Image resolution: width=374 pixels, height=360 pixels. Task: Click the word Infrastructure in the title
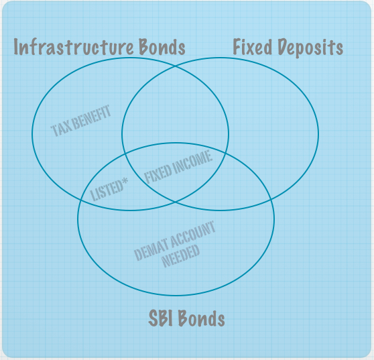coord(74,46)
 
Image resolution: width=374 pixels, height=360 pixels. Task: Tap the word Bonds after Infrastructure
coord(162,46)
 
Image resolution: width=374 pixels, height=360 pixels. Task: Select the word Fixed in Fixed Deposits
coord(253,46)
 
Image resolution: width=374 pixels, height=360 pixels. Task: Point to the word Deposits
coord(310,48)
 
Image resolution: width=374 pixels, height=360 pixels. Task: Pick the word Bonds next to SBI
coord(202,318)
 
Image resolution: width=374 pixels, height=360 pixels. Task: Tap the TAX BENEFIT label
coord(81,121)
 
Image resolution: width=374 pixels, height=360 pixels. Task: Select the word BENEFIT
coord(91,116)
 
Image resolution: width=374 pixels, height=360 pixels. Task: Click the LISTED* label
coord(109,190)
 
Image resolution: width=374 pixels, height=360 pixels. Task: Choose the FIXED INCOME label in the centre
coord(178,167)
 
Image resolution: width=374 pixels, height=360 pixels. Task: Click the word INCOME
coord(192,162)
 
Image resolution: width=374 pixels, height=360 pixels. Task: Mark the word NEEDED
coord(180,255)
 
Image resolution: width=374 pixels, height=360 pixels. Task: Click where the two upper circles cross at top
coord(176,66)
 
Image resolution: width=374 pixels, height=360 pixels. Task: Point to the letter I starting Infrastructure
coord(16,47)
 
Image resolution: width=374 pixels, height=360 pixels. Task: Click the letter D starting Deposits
coord(283,46)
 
